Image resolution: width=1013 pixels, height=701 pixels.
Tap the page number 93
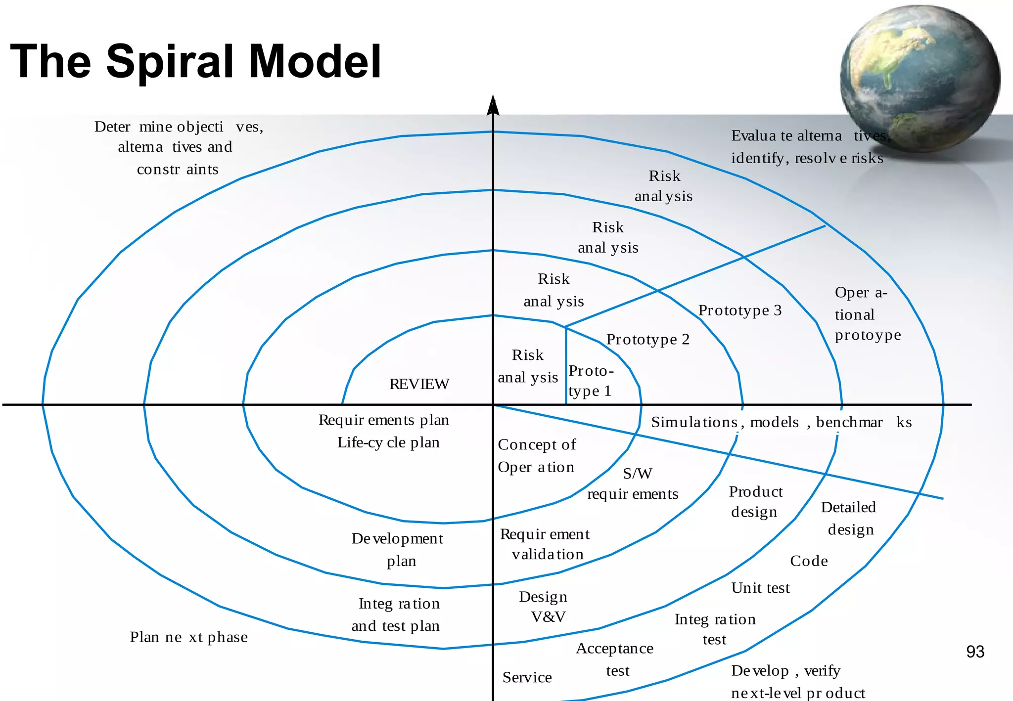pos(975,652)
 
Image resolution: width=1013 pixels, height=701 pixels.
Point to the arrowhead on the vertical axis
pos(493,105)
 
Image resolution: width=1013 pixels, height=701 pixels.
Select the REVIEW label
pos(419,384)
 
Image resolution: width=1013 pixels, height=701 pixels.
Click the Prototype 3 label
pos(739,310)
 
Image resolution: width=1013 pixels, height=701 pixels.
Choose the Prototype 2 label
pos(647,340)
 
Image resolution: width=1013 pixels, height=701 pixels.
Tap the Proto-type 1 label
pos(590,381)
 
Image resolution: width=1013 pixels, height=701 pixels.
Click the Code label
pos(808,561)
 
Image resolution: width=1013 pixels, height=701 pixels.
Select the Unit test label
pos(760,588)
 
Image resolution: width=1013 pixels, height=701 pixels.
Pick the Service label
pos(527,677)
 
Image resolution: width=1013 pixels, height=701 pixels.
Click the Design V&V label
pos(544,607)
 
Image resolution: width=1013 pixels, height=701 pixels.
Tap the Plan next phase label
pos(188,637)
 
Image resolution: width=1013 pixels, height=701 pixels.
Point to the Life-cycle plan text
pos(388,442)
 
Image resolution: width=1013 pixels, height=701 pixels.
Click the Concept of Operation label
pos(537,456)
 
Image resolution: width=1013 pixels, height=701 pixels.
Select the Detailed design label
pos(849,518)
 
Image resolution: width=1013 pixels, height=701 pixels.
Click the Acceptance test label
pos(615,659)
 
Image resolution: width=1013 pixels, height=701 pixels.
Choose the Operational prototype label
pos(867,314)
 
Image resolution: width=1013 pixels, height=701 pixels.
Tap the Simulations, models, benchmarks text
pos(781,422)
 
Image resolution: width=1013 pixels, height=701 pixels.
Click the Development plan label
pos(398,549)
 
